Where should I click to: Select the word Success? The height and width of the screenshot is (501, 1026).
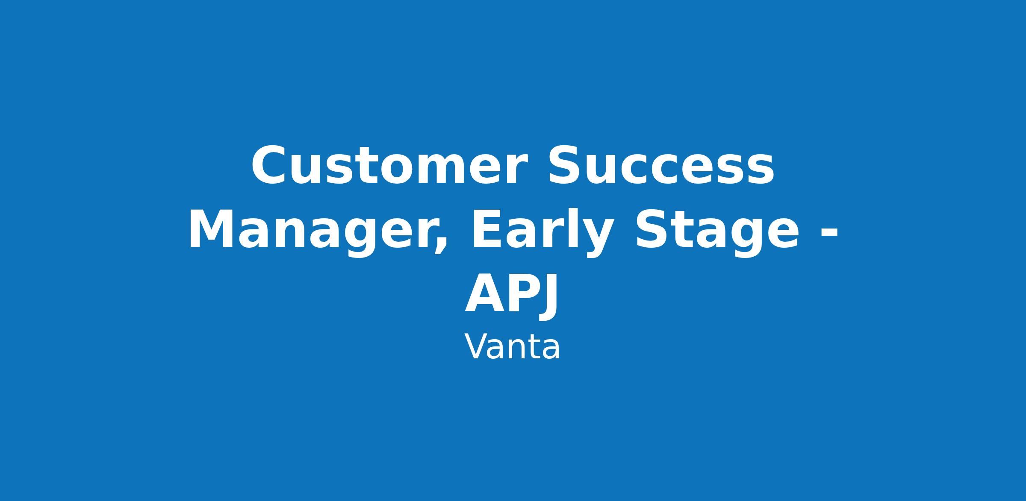pyautogui.click(x=660, y=166)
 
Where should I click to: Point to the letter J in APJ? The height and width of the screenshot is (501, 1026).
pyautogui.click(x=547, y=297)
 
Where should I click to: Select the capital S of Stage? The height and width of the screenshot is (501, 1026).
pyautogui.click(x=652, y=229)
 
